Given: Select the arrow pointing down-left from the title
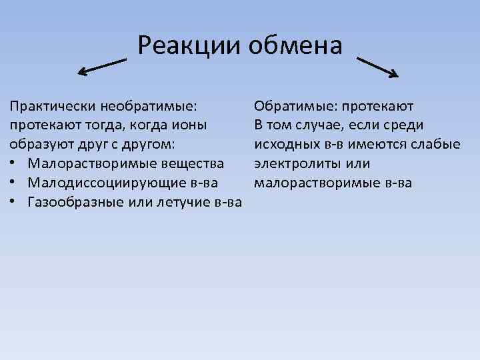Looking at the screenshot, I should pyautogui.click(x=102, y=65).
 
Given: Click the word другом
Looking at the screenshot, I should pyautogui.click(x=150, y=144).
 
